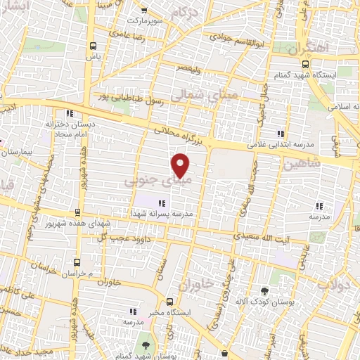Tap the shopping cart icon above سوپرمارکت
click(x=144, y=11)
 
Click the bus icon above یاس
click(x=92, y=44)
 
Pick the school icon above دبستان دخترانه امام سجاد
click(x=68, y=113)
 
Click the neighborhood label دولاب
click(x=332, y=284)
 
